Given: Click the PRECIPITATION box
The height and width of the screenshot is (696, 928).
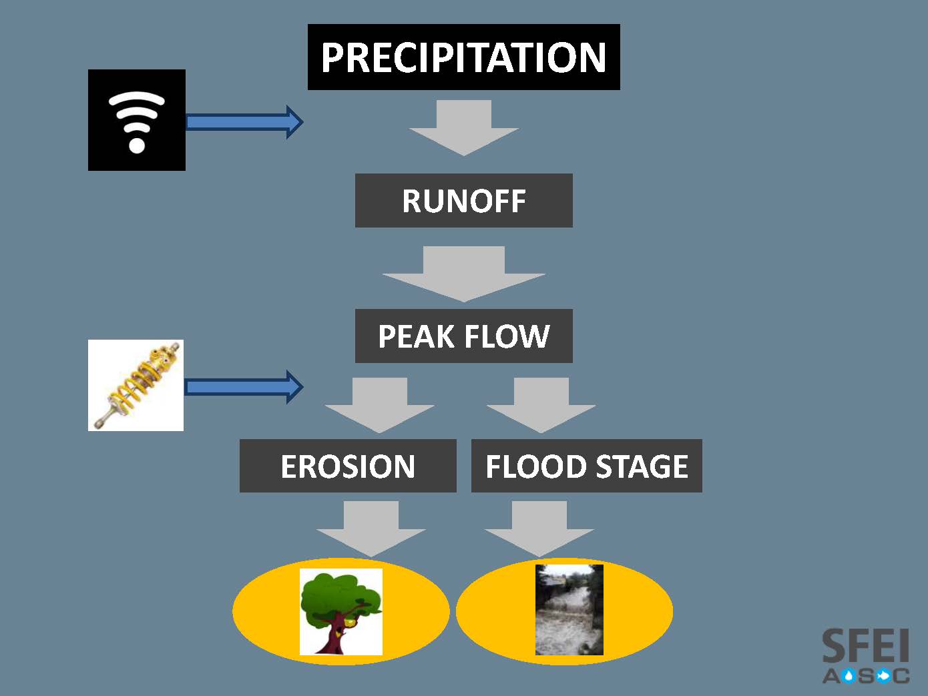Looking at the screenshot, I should coord(463,57).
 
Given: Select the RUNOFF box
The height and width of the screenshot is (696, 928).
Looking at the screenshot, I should coord(463,201).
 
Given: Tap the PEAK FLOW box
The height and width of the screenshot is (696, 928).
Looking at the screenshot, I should coord(463,336).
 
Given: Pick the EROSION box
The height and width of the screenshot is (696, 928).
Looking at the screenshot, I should coord(348,466).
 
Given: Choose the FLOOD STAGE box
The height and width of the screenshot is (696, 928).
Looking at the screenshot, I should coord(586,466).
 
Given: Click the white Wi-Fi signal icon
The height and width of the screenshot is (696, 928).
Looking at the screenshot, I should coord(137,121).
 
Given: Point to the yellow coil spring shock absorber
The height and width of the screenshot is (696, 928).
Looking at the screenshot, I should coord(136,385).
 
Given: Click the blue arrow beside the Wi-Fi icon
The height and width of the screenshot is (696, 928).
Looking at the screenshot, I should coord(244,121).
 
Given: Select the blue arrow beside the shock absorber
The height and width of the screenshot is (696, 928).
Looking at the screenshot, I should coord(244,387).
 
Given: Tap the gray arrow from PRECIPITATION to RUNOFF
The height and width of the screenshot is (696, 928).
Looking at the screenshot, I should coord(464,127).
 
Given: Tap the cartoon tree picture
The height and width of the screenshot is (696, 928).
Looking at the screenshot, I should coord(341,611).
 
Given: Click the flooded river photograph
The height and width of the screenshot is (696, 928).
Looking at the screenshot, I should coord(569,610).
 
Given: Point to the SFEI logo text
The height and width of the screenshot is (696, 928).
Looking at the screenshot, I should coord(866,646).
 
